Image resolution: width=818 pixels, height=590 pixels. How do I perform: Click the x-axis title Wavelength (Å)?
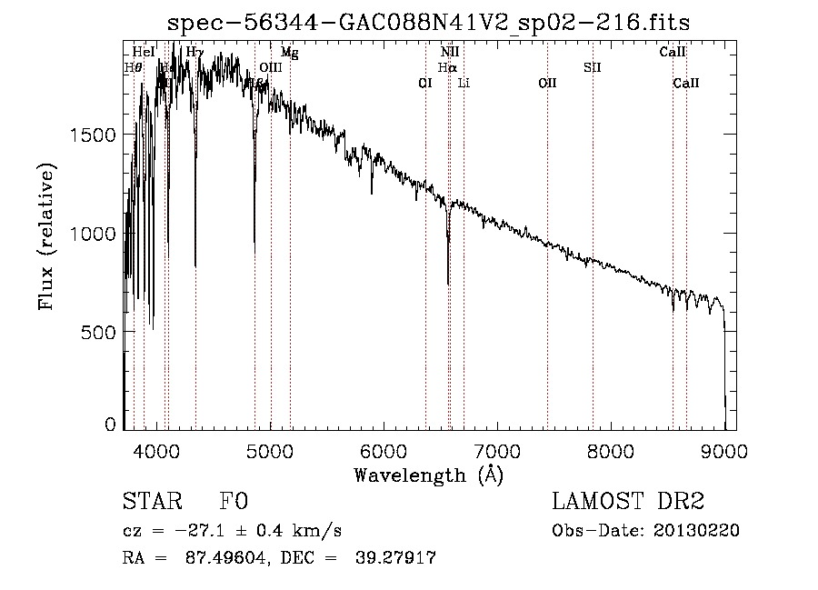coord(428,475)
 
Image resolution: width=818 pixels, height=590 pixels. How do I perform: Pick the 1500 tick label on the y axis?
coord(93,135)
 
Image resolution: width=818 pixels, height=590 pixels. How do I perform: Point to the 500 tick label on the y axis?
coord(99,333)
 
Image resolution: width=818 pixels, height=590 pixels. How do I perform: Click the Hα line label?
coord(446,67)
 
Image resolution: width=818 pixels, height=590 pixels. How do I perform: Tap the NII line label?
coord(450,53)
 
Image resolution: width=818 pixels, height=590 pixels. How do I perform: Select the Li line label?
coord(464,84)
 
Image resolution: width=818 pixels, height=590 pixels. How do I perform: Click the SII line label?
coord(592,67)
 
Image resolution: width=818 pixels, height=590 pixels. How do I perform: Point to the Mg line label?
coord(289,53)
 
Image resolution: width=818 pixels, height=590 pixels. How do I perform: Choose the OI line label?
coord(424,84)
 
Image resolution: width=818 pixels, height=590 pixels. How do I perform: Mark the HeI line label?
coord(144,53)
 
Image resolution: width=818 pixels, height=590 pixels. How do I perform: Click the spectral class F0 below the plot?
coord(234,502)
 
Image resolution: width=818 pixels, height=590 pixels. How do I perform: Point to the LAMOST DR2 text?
coord(628,502)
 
